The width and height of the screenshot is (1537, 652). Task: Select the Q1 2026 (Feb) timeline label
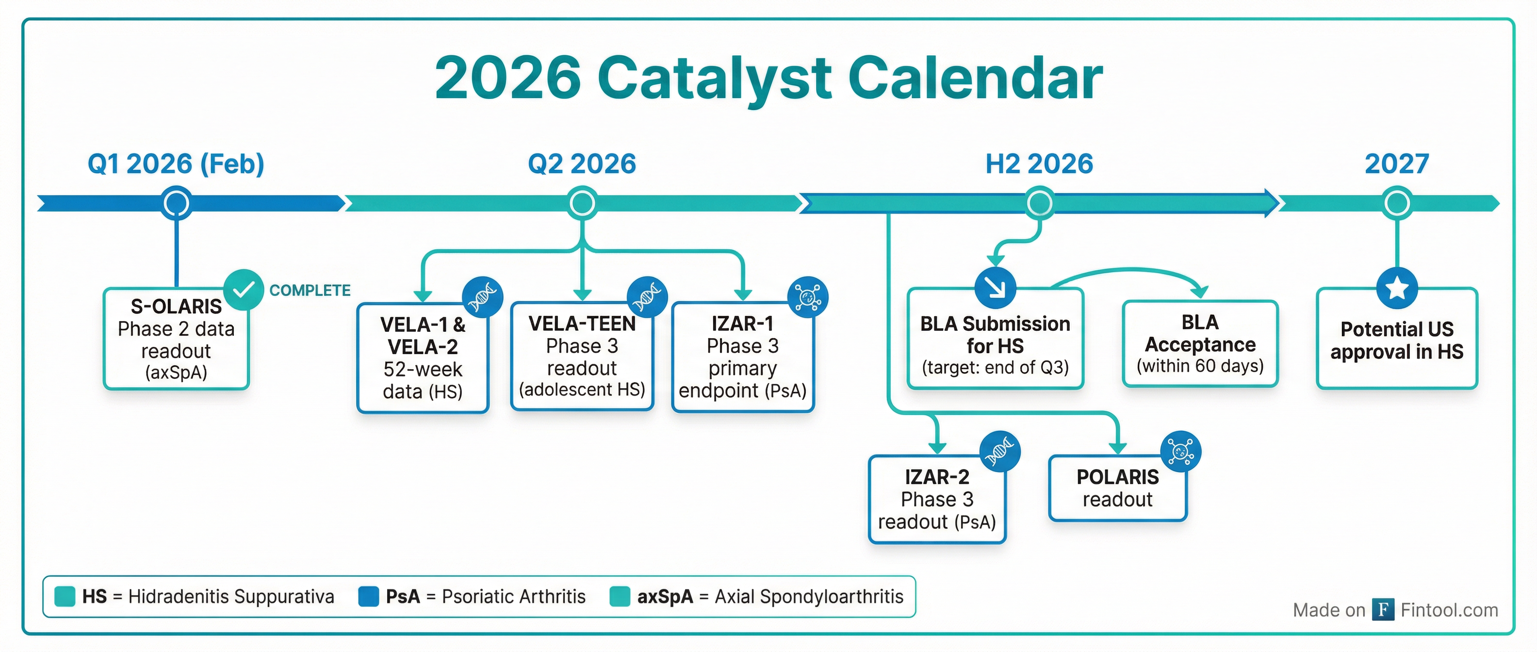pos(176,163)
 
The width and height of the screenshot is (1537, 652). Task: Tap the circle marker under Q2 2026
pos(582,203)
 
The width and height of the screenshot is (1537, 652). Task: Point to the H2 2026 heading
pos(1039,163)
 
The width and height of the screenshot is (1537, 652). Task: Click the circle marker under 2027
pos(1397,203)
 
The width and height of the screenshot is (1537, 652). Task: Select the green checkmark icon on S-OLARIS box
pos(244,290)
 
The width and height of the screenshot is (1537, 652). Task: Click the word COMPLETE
pos(310,291)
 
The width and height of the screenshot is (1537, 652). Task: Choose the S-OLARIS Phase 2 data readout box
pos(176,339)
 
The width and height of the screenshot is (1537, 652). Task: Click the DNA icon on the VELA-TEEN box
pos(647,296)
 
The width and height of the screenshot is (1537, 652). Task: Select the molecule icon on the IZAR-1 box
pos(807,296)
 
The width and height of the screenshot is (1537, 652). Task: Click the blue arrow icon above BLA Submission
pos(995,288)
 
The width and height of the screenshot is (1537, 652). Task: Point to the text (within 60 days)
pos(1200,366)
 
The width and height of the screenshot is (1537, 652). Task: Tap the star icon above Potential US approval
pos(1397,288)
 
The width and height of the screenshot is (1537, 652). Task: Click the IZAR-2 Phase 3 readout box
pos(937,499)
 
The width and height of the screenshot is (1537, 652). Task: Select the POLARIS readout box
pos(1117,488)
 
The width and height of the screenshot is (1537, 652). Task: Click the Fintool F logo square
pos(1382,610)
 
